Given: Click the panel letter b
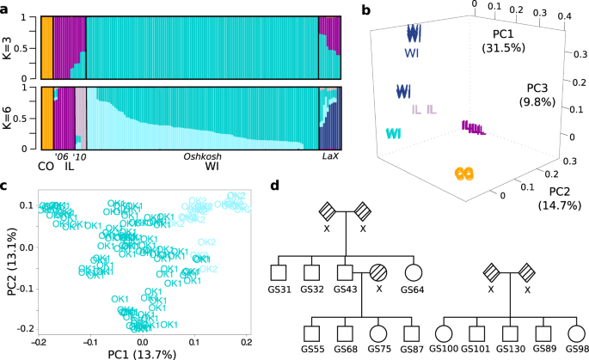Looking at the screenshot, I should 366,9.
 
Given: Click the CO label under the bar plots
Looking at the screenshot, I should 46,165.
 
